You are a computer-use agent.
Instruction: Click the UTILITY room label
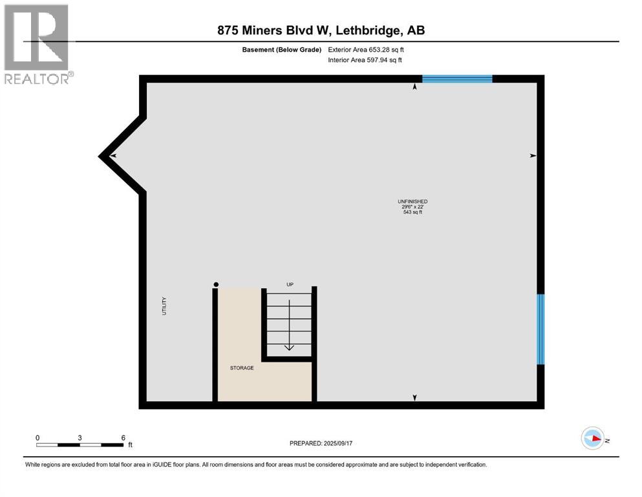click(164, 305)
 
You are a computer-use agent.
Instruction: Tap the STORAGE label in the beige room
click(242, 368)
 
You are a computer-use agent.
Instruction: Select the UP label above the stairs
click(290, 284)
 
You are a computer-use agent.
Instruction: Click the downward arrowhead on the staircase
click(289, 347)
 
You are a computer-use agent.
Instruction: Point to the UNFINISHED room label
click(412, 201)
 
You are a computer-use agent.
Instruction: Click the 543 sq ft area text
click(412, 212)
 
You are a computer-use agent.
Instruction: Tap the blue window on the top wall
click(457, 79)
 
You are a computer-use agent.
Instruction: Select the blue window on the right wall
click(540, 329)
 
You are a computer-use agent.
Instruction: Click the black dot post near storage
click(216, 284)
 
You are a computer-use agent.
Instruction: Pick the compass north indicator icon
click(593, 438)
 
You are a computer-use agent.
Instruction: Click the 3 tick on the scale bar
click(80, 437)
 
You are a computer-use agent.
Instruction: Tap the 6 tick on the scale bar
click(123, 437)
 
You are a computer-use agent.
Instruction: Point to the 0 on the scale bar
click(37, 437)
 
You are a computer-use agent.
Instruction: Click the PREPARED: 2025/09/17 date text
click(321, 443)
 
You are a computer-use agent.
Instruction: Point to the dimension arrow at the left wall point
click(112, 156)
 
